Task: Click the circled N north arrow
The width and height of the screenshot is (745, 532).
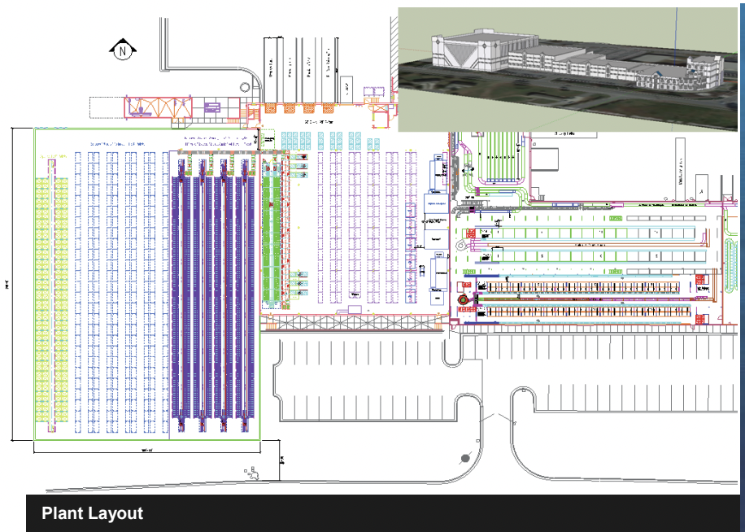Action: coord(122,51)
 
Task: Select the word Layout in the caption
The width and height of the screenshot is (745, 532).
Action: coord(116,513)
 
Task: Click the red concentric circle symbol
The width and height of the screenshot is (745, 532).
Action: coord(464,299)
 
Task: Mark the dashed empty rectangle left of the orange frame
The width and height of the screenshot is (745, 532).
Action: coord(106,107)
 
